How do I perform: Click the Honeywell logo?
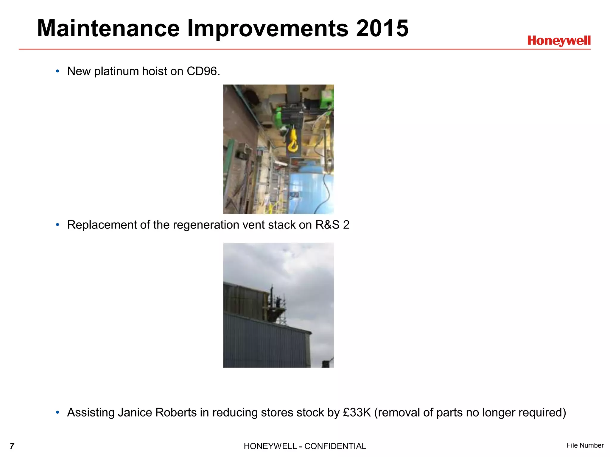pos(559,41)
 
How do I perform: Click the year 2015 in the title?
pos(382,29)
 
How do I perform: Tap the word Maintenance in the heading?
pos(108,29)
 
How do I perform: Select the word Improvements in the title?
pos(268,29)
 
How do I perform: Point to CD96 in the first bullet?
pos(203,71)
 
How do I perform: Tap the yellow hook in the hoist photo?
pos(292,140)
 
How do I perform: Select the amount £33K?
pos(357,413)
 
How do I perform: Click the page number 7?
pos(12,446)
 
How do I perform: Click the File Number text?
pos(585,445)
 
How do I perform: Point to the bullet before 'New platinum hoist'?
pos(57,71)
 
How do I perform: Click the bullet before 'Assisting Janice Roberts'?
pos(57,413)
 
